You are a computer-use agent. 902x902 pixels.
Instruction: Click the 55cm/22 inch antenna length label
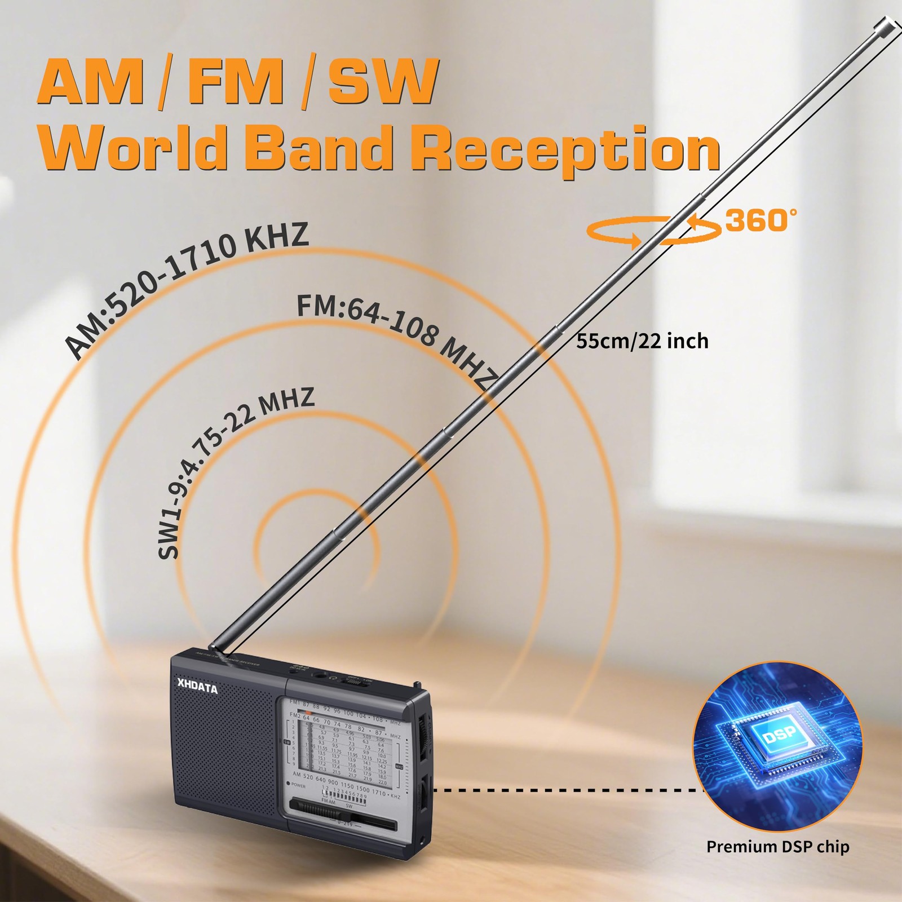(642, 341)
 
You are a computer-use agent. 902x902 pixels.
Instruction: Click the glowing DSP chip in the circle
(780, 735)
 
